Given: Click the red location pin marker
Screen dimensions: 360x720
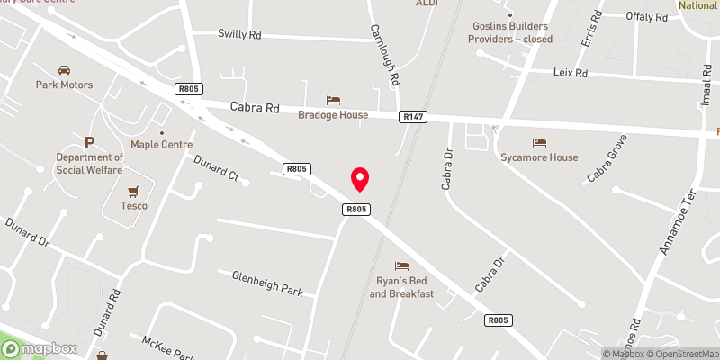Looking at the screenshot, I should pyautogui.click(x=360, y=178).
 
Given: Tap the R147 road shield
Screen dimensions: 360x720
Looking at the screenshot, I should pyautogui.click(x=413, y=116).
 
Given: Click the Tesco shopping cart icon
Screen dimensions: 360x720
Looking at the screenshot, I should pyautogui.click(x=135, y=191).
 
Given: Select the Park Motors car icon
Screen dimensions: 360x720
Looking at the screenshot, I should pyautogui.click(x=64, y=70).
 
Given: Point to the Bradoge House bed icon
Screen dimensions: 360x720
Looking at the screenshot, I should pyautogui.click(x=334, y=100).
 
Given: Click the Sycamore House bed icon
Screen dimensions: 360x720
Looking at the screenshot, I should pyautogui.click(x=539, y=143).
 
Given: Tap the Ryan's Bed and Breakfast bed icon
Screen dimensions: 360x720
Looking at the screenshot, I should pyautogui.click(x=401, y=266).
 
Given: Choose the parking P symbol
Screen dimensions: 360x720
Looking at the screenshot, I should pyautogui.click(x=89, y=143).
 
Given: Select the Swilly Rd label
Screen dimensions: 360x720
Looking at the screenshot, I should pyautogui.click(x=238, y=34).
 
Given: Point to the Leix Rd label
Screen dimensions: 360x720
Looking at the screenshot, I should pyautogui.click(x=570, y=73).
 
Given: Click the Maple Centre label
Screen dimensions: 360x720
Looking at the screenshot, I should pyautogui.click(x=162, y=144).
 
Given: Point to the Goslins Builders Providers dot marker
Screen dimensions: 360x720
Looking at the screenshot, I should pyautogui.click(x=510, y=14).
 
